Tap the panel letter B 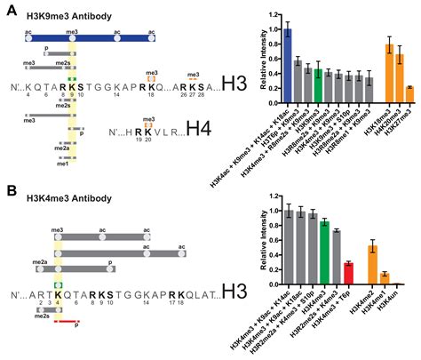[x=11, y=189]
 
